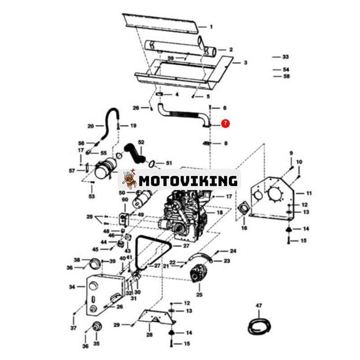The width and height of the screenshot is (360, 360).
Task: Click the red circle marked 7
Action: pos(225,123)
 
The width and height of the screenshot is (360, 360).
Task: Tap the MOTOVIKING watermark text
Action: pos(188,181)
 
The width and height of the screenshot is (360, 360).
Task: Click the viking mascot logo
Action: pos(129,179)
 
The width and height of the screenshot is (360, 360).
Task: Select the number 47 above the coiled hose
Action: pos(259,306)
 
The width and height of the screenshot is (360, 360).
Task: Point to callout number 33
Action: pos(285,57)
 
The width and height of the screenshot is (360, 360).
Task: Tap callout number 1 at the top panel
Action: pos(211,27)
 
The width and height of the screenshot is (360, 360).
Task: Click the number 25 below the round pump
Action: pos(199,295)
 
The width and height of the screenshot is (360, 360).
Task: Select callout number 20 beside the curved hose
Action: pos(91,126)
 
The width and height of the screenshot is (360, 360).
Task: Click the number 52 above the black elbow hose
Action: pos(141,142)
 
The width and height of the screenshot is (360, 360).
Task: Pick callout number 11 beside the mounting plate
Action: pos(309,193)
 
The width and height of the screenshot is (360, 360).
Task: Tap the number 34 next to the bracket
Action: pos(72,287)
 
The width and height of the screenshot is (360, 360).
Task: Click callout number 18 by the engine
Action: pos(220,212)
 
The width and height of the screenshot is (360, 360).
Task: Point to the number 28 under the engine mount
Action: pos(149,335)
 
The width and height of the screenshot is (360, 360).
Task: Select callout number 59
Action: pos(171,58)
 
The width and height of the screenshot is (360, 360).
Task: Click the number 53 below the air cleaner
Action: pos(92,196)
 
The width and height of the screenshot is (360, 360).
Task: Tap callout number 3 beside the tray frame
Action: pos(245,63)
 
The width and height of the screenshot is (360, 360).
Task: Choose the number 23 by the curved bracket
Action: pos(227,261)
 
